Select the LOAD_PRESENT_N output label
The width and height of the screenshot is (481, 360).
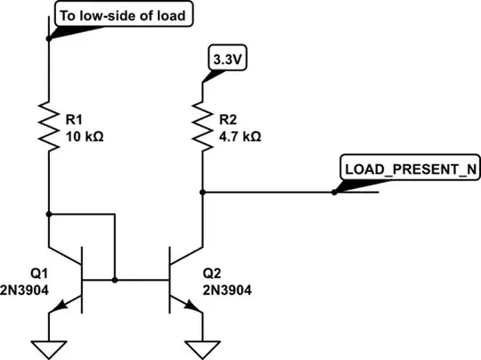pos(404,168)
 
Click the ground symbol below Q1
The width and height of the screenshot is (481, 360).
pos(49,345)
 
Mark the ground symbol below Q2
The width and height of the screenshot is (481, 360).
pos(203,345)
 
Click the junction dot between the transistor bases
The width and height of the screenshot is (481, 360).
pos(116,280)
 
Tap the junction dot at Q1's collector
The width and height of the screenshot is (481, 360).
pos(49,214)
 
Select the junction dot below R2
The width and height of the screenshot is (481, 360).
pos(203,191)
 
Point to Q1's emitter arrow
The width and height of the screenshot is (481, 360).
pos(60,305)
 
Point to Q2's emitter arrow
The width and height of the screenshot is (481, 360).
pos(193,305)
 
